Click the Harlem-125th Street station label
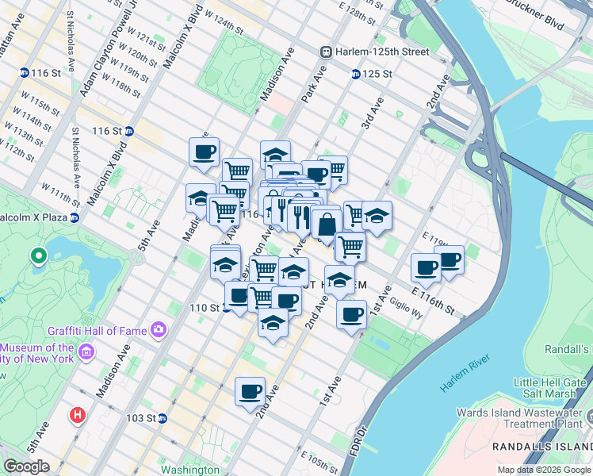click(x=382, y=52)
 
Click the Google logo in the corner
click(x=26, y=466)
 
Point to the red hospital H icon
click(x=77, y=414)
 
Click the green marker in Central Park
click(x=37, y=256)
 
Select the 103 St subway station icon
click(x=162, y=417)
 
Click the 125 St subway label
click(x=377, y=74)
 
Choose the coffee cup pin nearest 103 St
click(x=251, y=391)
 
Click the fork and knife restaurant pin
click(x=299, y=216)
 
